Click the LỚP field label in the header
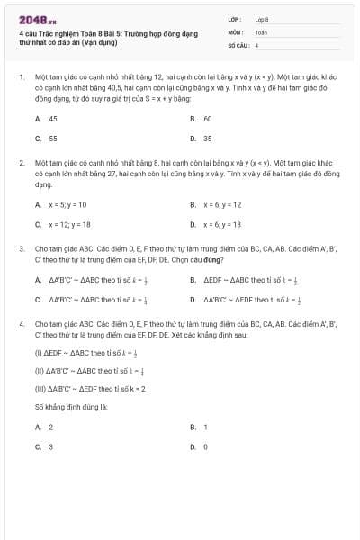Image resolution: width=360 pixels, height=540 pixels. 235,18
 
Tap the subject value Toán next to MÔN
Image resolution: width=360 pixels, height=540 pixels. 261,31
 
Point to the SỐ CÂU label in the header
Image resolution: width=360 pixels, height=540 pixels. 238,43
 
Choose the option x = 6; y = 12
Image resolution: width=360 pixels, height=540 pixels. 216,204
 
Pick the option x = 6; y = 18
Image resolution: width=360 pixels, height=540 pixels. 216,224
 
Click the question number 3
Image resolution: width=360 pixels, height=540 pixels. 21,247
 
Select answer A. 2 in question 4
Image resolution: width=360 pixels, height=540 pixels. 44,427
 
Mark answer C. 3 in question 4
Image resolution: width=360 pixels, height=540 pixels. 44,446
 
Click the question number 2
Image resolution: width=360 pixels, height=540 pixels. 21,163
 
